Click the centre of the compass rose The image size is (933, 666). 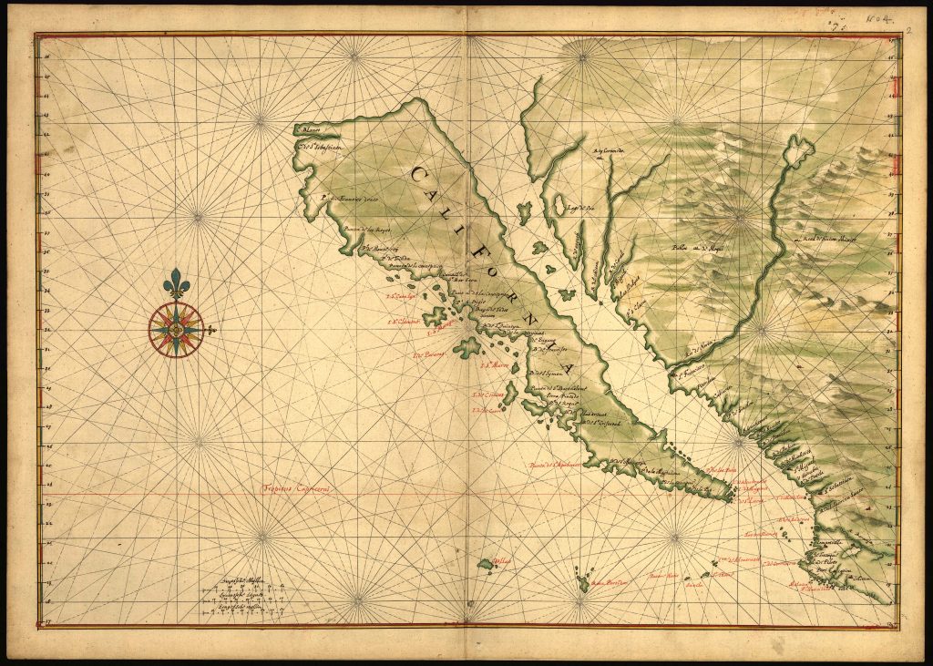coord(176,330)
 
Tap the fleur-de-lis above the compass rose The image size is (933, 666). coord(176,283)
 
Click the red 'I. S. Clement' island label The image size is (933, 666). coord(405,321)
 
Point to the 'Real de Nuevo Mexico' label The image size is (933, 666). coord(834,241)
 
